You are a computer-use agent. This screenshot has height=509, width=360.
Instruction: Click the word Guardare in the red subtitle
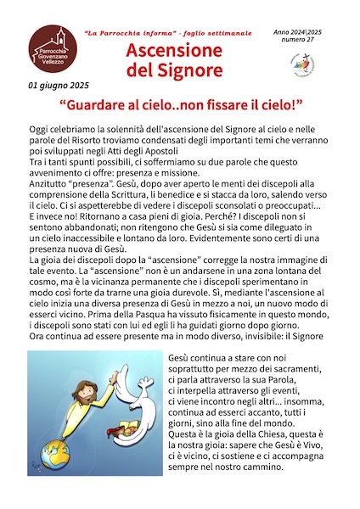tap(117, 107)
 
